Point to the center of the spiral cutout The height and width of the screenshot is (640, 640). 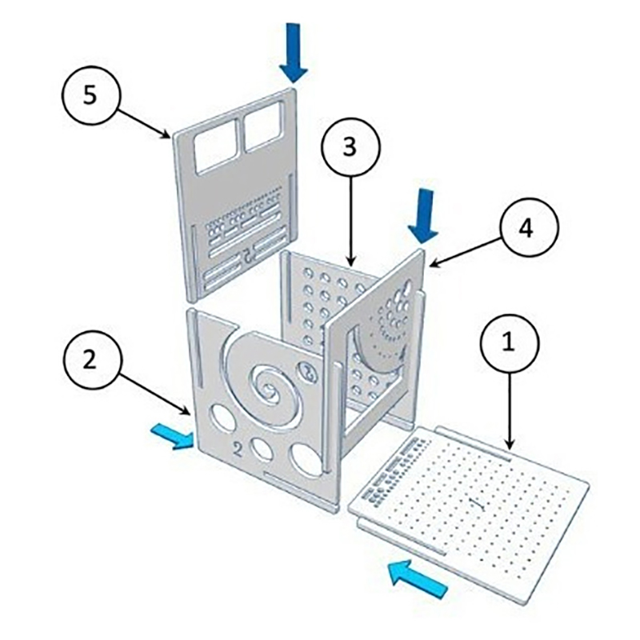(x=269, y=390)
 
